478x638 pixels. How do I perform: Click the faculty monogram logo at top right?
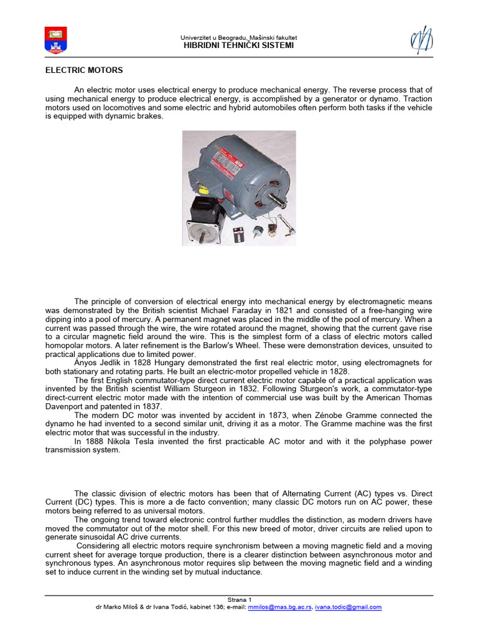pos(422,40)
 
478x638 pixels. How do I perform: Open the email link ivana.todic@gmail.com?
pos(349,607)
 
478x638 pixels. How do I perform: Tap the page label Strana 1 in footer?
pos(238,599)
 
